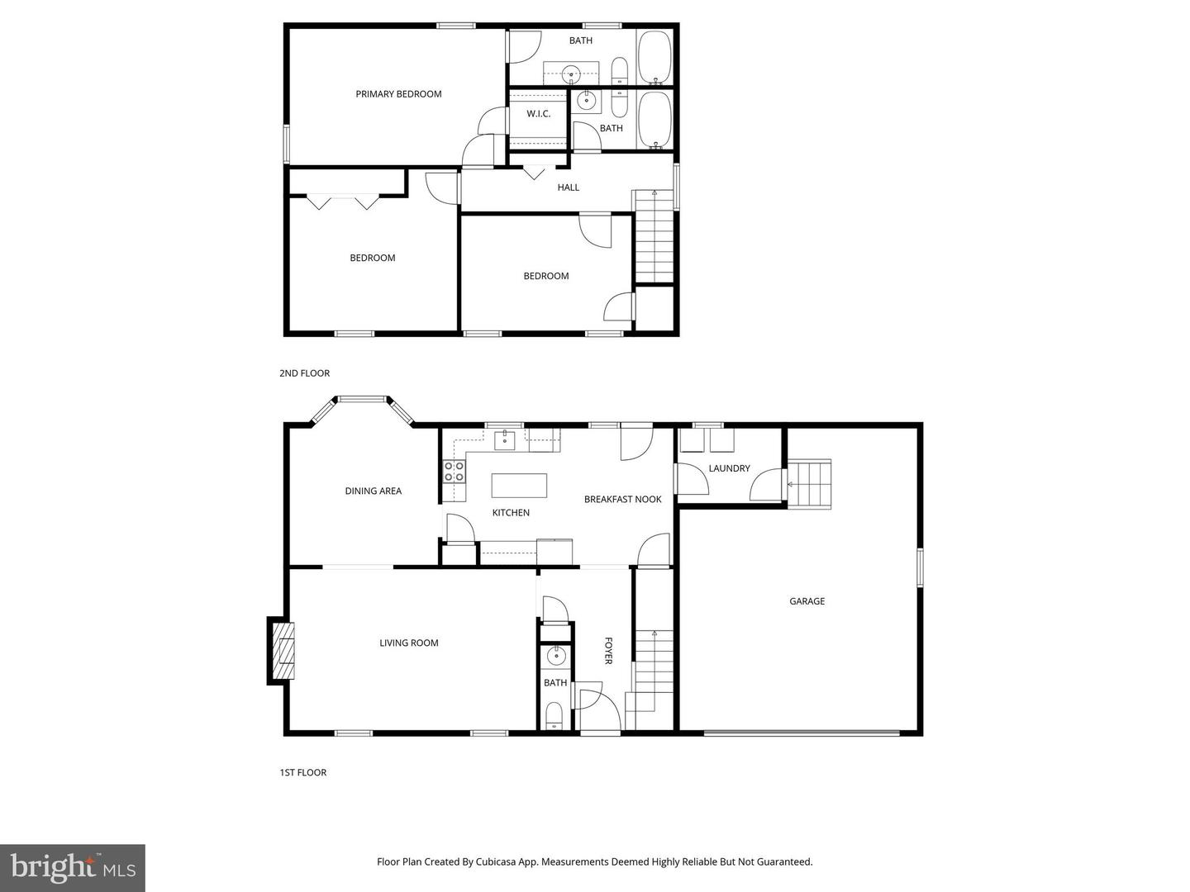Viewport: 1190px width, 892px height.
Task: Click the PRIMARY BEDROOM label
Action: click(398, 94)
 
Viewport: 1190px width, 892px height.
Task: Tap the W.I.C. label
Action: click(538, 114)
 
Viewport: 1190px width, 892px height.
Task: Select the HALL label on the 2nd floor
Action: click(568, 187)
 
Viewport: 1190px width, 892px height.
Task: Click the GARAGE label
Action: click(807, 601)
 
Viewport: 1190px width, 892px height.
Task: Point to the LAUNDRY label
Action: click(729, 468)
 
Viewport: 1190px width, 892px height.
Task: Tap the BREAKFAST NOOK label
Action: click(622, 499)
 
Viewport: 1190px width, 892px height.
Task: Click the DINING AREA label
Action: click(373, 491)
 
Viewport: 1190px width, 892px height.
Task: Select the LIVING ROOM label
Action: click(408, 643)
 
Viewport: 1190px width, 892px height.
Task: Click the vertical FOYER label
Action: click(608, 650)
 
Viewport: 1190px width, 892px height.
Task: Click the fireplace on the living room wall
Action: click(281, 651)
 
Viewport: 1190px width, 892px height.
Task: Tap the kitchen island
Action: click(519, 485)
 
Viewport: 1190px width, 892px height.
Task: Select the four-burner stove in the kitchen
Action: click(454, 472)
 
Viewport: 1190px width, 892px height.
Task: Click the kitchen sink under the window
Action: click(504, 440)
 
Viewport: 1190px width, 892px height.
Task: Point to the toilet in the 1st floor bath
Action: click(554, 714)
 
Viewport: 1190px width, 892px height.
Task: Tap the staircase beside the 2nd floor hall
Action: click(654, 238)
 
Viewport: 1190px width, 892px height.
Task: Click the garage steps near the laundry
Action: click(808, 484)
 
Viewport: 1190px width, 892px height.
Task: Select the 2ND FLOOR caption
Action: click(304, 373)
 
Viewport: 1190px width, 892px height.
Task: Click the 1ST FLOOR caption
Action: click(302, 772)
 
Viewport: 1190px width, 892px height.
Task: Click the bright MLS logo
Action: click(73, 867)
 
